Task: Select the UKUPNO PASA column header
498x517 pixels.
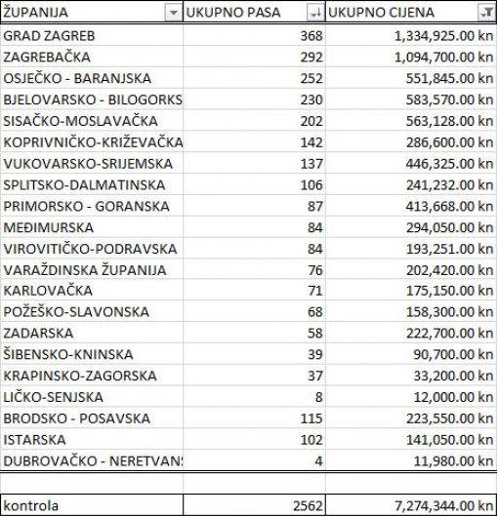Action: tap(229, 14)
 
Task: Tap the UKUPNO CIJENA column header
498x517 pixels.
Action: tap(382, 14)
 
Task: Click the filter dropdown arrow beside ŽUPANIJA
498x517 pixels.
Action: tap(173, 14)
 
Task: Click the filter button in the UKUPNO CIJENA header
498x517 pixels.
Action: tap(485, 14)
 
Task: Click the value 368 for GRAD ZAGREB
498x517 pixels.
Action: tap(311, 36)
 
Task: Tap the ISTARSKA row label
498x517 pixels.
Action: tap(35, 439)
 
